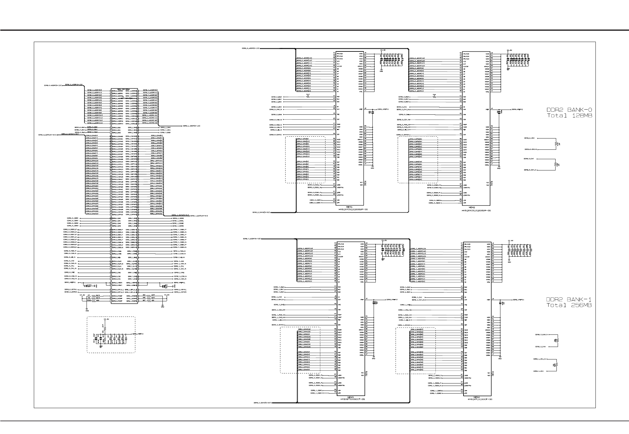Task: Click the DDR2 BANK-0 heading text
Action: pos(569,110)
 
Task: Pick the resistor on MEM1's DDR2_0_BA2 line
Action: pos(308,96)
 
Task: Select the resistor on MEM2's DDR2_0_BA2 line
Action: pos(434,96)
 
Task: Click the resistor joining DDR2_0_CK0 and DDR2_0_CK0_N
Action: pos(556,143)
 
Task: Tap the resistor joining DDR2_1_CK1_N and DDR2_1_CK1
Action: pos(556,365)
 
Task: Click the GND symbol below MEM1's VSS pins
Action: pos(372,167)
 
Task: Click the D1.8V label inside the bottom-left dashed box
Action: pos(106,320)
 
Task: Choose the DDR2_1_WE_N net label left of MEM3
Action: pos(279,320)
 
